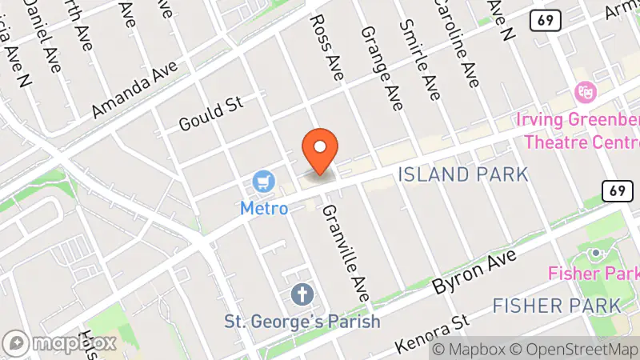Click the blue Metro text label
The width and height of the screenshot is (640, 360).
click(264, 208)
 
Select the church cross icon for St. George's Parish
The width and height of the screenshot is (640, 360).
click(301, 294)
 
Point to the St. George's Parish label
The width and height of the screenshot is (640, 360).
click(302, 322)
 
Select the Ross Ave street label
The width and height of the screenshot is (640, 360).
click(326, 46)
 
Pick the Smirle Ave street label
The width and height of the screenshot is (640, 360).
click(423, 59)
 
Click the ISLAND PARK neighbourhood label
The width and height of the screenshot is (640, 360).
click(463, 174)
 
